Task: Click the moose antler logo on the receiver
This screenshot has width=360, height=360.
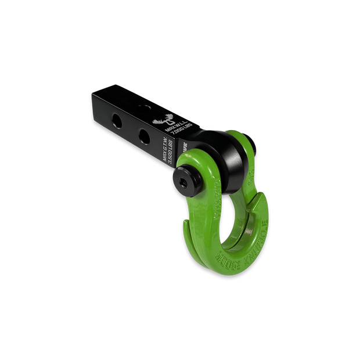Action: pyautogui.click(x=160, y=120)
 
